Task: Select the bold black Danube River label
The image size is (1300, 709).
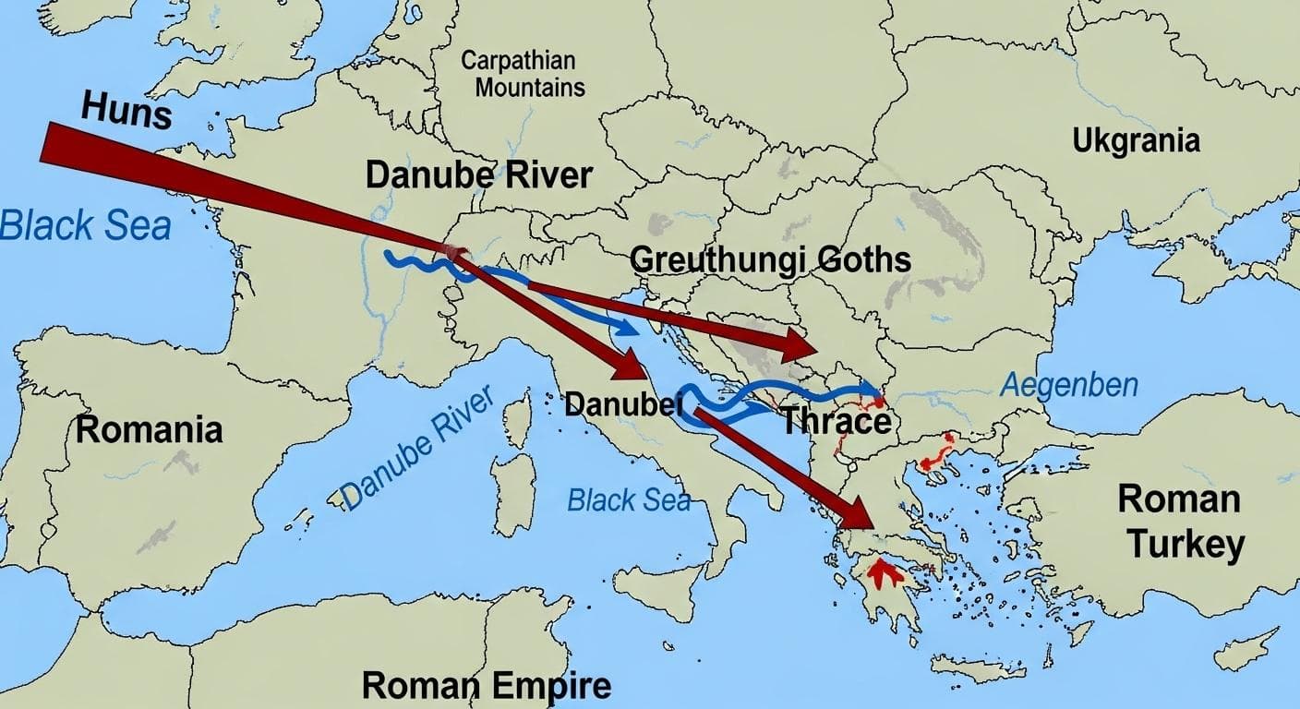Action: coord(478,174)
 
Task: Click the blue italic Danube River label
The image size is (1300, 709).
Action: coord(417,448)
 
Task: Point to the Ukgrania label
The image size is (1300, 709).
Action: coord(1136,141)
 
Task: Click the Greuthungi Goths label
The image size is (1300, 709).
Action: coord(770,259)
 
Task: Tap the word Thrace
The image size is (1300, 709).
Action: coord(836,421)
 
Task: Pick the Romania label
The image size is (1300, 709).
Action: coord(149,429)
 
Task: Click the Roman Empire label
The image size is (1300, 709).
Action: coord(486,686)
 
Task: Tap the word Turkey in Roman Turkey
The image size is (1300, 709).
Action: coord(1186,545)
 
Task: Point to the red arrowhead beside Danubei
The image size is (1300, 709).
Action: coord(630,366)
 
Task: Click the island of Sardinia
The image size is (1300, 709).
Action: coord(513,480)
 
